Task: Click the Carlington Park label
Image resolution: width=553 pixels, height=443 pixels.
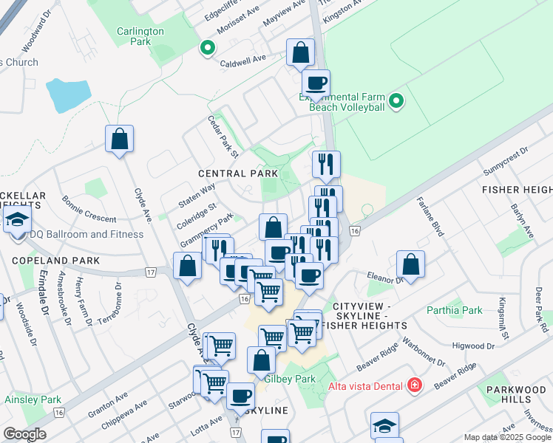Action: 140,36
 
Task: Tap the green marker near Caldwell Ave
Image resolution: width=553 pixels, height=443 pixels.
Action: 208,49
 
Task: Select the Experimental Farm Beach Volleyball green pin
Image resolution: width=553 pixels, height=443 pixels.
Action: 396,101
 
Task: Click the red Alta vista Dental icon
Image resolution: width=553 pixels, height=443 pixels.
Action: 415,385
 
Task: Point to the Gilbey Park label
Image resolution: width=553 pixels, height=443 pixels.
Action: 290,379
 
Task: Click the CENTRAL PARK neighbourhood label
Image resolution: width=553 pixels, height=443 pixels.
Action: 237,173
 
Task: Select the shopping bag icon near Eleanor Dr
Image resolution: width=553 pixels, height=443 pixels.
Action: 410,264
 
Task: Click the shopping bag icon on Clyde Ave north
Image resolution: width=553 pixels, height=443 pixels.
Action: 119,139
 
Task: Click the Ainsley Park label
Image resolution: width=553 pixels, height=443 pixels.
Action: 33,399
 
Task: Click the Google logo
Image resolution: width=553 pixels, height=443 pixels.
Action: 24,434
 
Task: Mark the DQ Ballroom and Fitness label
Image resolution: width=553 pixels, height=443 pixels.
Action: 86,235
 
